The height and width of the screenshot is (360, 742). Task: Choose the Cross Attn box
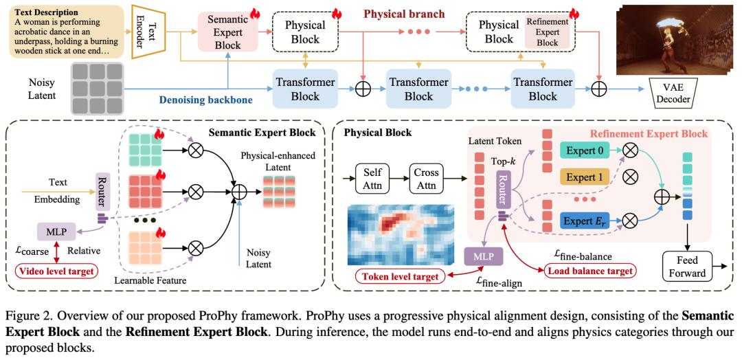click(427, 177)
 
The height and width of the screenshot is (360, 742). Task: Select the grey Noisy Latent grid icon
click(95, 88)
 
